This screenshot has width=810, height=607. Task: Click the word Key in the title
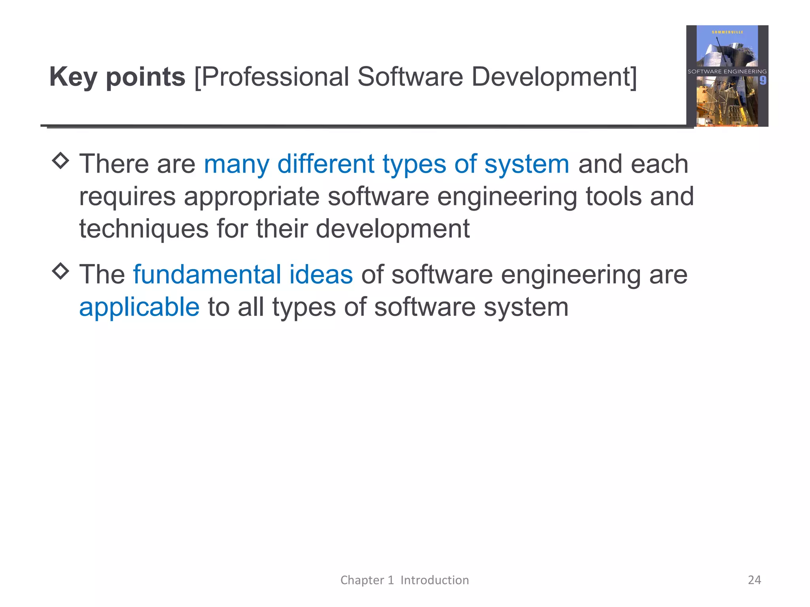pos(73,77)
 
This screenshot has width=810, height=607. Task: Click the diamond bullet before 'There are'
pos(61,160)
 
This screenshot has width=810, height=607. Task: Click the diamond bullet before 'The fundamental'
pos(61,271)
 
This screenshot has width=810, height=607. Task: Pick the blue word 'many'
pos(236,164)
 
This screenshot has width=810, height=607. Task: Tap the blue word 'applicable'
pos(139,307)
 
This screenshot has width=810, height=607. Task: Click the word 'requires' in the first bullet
pos(127,197)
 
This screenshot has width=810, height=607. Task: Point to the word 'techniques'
pos(144,229)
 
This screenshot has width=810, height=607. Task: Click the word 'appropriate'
pos(252,197)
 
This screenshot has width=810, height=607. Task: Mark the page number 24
pos(754,580)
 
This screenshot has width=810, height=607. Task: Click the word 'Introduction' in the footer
pos(435,580)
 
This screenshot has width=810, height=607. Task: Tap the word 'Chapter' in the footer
pos(362,580)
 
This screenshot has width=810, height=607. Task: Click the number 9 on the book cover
pos(763,81)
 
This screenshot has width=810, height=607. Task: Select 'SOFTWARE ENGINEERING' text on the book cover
pos(727,72)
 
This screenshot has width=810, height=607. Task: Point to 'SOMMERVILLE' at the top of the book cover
pos(727,32)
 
